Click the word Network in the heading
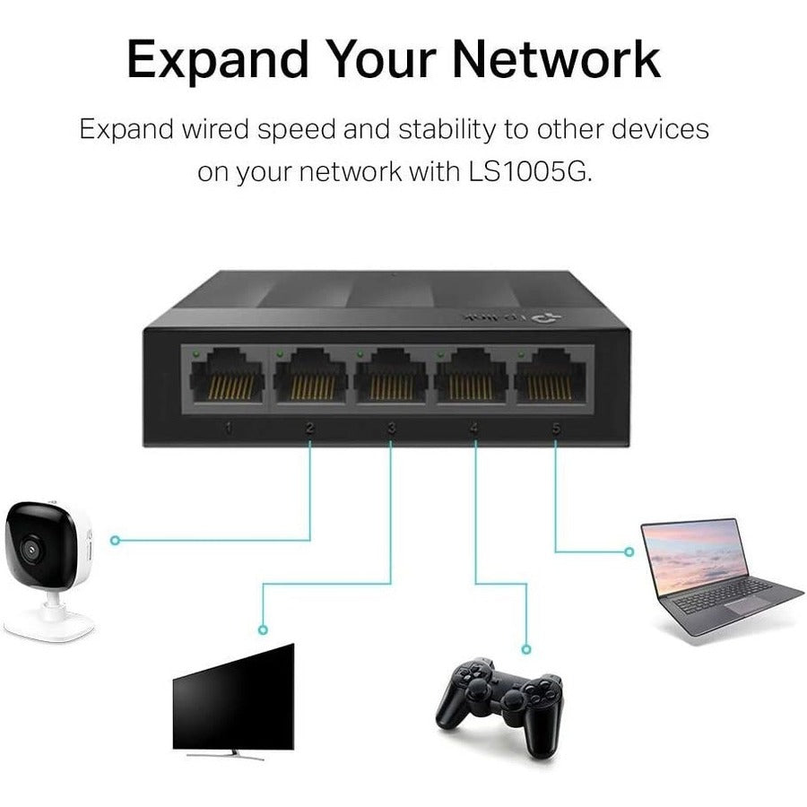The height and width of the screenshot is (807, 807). click(x=556, y=59)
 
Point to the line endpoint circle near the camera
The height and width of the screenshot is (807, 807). click(x=115, y=540)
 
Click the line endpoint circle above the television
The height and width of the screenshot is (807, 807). click(x=263, y=629)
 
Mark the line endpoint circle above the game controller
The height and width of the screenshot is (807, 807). click(x=526, y=647)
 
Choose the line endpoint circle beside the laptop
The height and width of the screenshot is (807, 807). click(x=627, y=551)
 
